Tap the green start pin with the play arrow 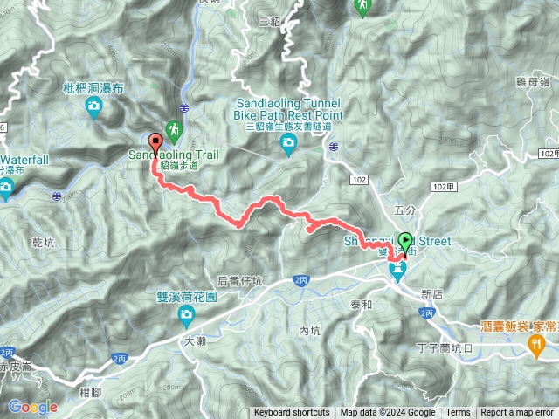(405, 241)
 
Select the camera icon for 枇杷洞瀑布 (93, 107)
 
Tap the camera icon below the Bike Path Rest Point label (288, 143)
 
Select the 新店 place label (432, 294)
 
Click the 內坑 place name (310, 331)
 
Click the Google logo (32, 407)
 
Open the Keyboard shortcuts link (292, 413)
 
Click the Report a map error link (517, 413)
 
